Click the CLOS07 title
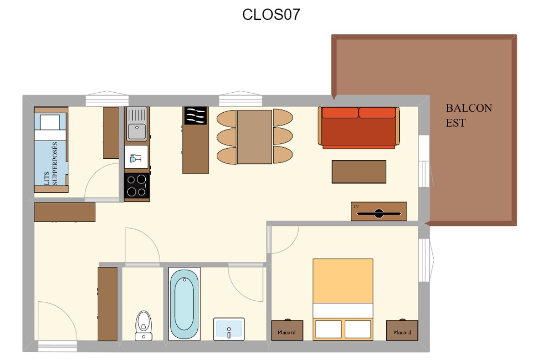pyautogui.click(x=271, y=14)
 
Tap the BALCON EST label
pyautogui.click(x=469, y=115)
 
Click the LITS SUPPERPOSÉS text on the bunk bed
pyautogui.click(x=51, y=163)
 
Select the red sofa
pyautogui.click(x=359, y=128)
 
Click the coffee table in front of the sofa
pyautogui.click(x=359, y=172)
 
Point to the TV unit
pyautogui.click(x=379, y=211)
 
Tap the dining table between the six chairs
pyautogui.click(x=255, y=137)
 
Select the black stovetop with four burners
pyautogui.click(x=137, y=186)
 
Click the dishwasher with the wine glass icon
pyautogui.click(x=136, y=157)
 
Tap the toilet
pyautogui.click(x=144, y=326)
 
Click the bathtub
pyautogui.click(x=184, y=304)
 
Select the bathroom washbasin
pyautogui.click(x=229, y=329)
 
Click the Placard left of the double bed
pyautogui.click(x=287, y=330)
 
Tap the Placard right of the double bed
pyautogui.click(x=402, y=330)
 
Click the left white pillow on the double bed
pyautogui.click(x=329, y=329)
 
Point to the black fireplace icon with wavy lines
pyautogui.click(x=196, y=115)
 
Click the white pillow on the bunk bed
pyautogui.click(x=50, y=122)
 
